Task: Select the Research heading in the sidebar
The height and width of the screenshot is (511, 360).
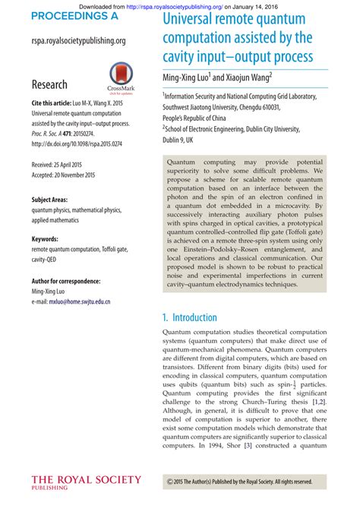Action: (x=49, y=84)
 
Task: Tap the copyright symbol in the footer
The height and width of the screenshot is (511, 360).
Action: (x=169, y=481)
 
